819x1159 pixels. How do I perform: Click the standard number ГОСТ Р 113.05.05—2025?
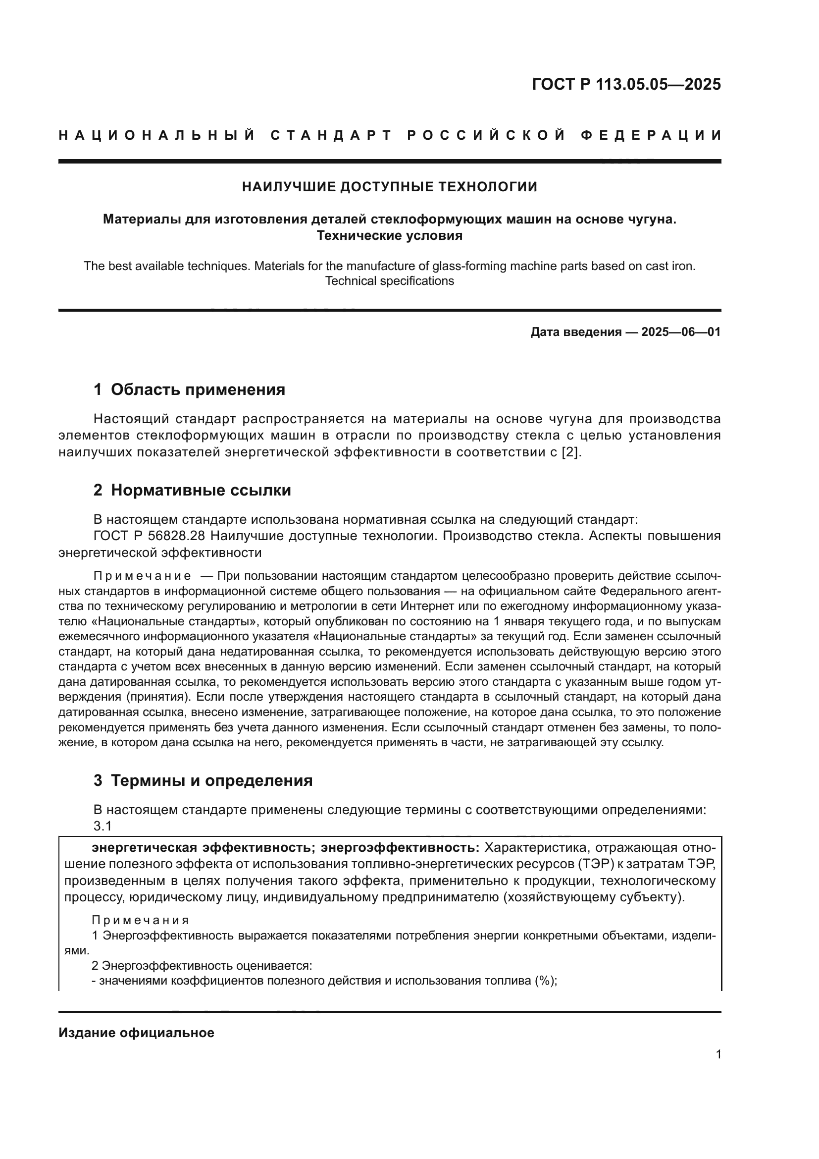click(x=626, y=84)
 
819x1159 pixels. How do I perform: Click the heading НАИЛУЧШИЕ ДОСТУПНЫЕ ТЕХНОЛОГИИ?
click(x=389, y=187)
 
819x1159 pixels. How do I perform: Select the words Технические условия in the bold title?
click(x=389, y=236)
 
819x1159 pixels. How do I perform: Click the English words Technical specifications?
click(x=389, y=281)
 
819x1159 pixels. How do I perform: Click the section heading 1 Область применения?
click(x=189, y=389)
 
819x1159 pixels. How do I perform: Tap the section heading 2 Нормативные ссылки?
click(x=192, y=490)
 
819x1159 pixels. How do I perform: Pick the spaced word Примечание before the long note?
click(x=142, y=576)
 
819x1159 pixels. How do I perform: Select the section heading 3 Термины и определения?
click(x=203, y=781)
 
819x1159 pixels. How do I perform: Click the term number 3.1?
click(x=102, y=827)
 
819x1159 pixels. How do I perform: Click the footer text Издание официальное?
click(x=136, y=1033)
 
